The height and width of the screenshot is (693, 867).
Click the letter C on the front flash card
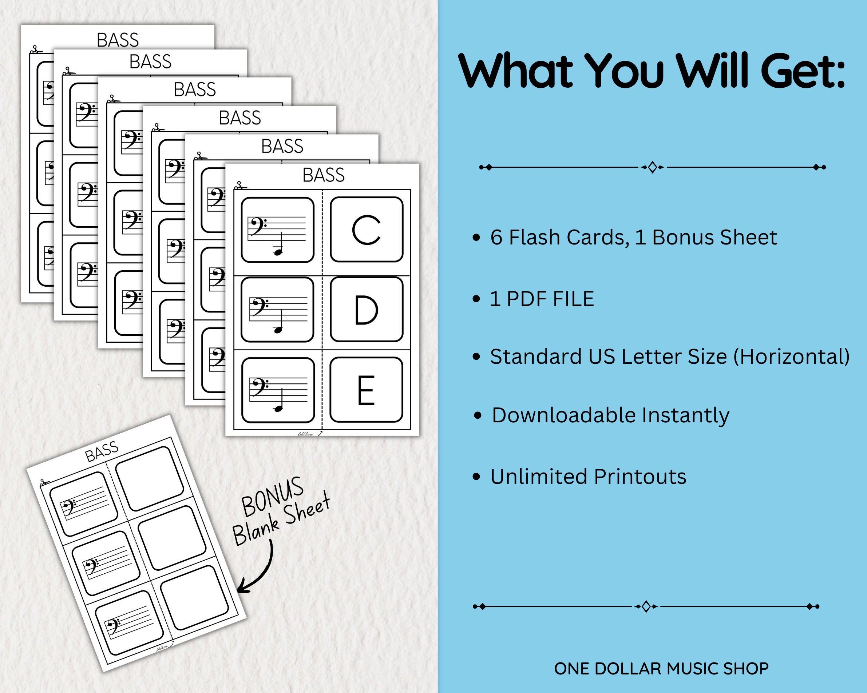pos(366,230)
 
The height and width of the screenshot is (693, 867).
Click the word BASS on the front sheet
pos(323,175)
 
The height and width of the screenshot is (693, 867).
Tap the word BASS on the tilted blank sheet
pos(102,451)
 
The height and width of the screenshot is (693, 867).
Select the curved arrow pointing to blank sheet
pos(257,571)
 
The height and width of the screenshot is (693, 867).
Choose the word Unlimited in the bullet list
pos(539,477)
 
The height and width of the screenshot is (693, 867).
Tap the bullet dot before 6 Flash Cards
pos(476,238)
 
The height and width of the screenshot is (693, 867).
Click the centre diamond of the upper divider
pos(652,167)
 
